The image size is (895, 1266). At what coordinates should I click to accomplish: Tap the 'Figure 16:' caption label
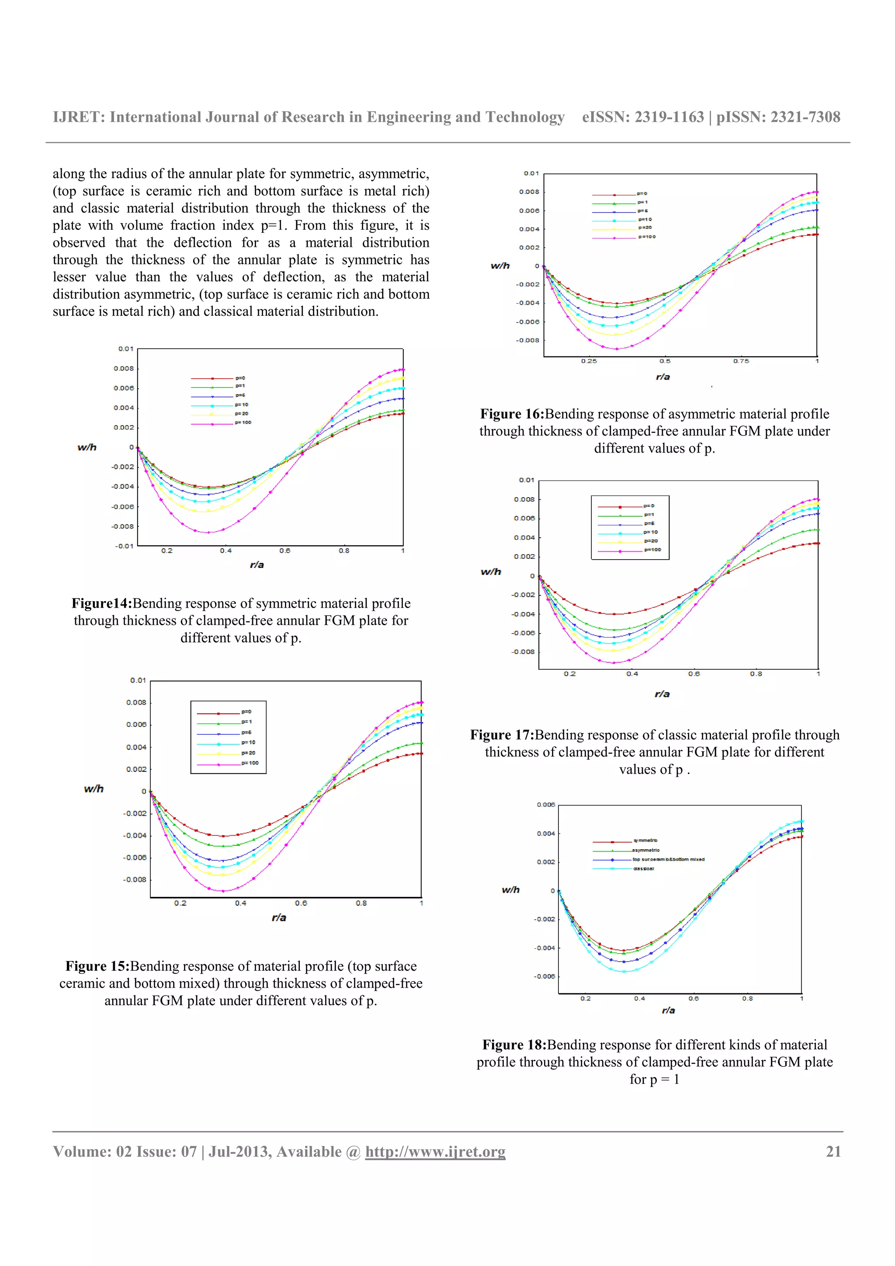click(512, 414)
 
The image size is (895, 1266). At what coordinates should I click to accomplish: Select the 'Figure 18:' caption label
click(514, 1045)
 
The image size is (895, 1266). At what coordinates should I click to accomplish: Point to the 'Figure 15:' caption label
click(97, 966)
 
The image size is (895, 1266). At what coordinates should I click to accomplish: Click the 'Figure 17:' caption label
click(502, 735)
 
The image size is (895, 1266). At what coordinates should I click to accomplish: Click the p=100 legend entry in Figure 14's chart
click(243, 423)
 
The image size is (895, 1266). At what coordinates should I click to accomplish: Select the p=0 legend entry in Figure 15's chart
click(246, 712)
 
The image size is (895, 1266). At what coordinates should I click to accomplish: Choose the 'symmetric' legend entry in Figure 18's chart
click(645, 841)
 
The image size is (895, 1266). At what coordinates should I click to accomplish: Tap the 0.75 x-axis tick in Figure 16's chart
click(741, 361)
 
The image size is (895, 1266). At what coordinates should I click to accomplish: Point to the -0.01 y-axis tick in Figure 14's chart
click(124, 546)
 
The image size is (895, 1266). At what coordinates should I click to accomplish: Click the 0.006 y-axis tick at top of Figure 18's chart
click(545, 805)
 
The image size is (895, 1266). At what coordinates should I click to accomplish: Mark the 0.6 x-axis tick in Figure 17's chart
click(694, 674)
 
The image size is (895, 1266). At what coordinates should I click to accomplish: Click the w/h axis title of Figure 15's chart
click(94, 789)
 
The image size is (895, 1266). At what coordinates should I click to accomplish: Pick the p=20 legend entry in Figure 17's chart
click(651, 541)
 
